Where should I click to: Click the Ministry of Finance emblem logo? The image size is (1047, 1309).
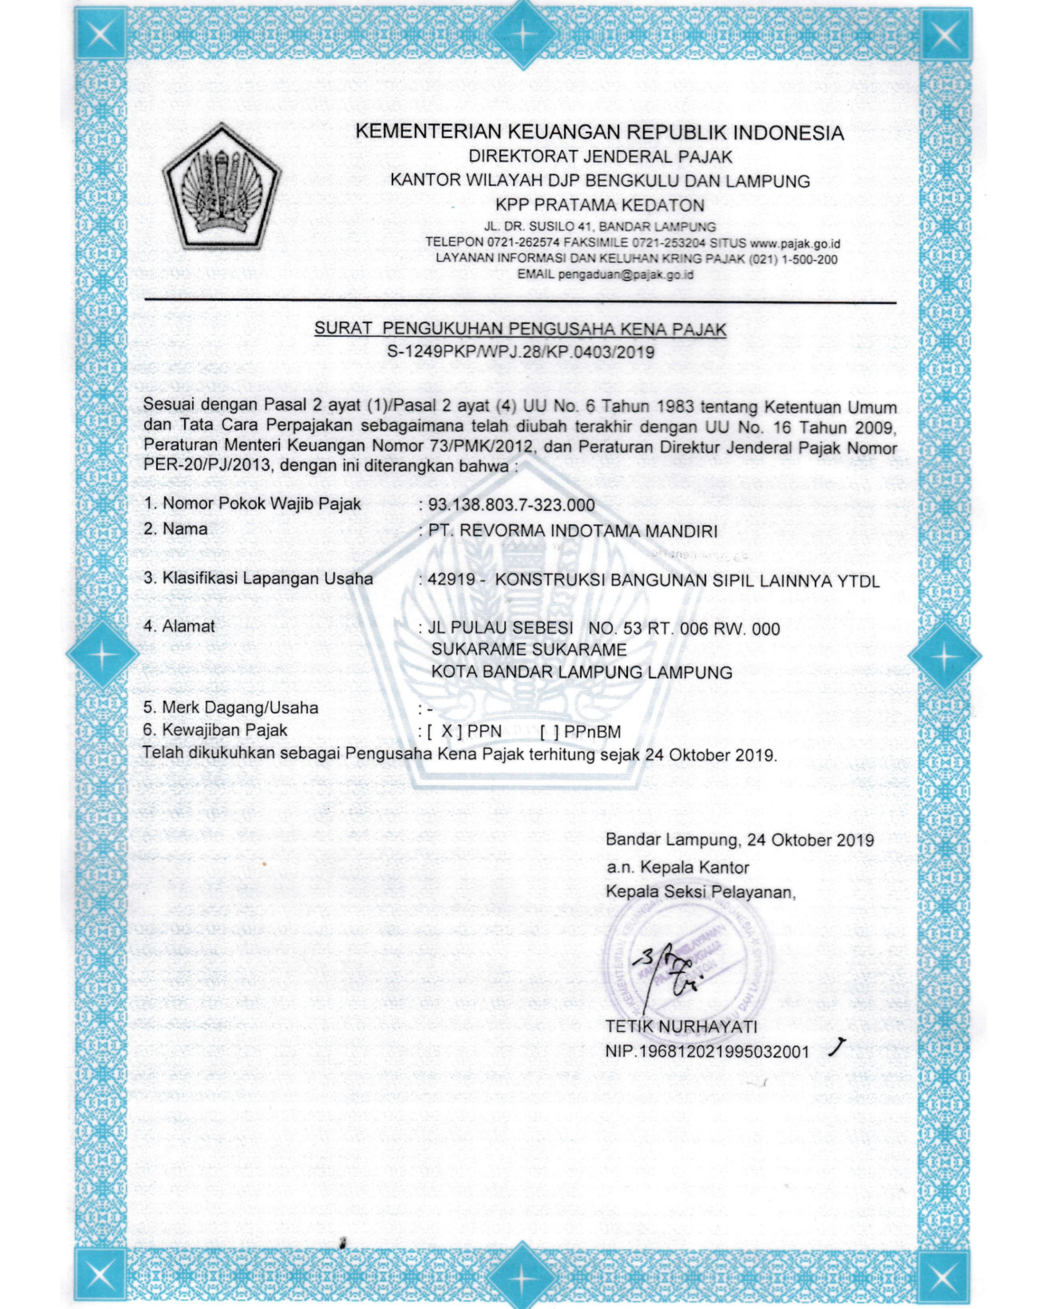[222, 187]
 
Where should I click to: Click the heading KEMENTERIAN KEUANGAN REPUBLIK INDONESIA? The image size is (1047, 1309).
[599, 132]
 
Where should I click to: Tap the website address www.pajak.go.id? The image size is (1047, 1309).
[795, 243]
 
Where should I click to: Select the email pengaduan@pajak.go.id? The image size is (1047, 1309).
[626, 274]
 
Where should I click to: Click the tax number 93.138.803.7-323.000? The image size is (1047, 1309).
[511, 505]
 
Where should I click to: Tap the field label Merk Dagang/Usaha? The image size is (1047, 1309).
[240, 707]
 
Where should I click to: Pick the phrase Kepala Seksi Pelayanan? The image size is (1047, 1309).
[700, 892]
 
